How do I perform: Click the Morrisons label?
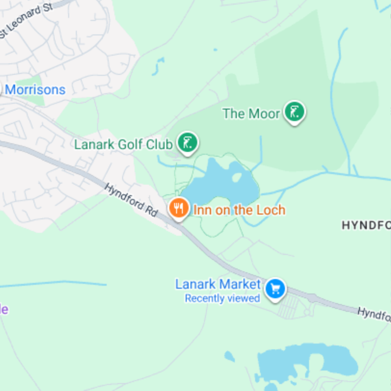[35, 90]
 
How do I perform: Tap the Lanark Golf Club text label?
[123, 145]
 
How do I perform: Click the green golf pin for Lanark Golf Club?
[188, 142]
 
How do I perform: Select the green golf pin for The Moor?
[294, 111]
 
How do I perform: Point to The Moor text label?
[252, 114]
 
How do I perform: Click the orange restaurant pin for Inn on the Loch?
[179, 209]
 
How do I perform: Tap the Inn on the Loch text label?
[239, 210]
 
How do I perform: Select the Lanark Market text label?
[218, 284]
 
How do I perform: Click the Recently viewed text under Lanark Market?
[222, 298]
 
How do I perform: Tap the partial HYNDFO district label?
[366, 225]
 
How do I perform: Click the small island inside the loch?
[236, 178]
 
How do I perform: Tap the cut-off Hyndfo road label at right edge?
[374, 314]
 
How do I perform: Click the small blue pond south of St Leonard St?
[159, 66]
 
